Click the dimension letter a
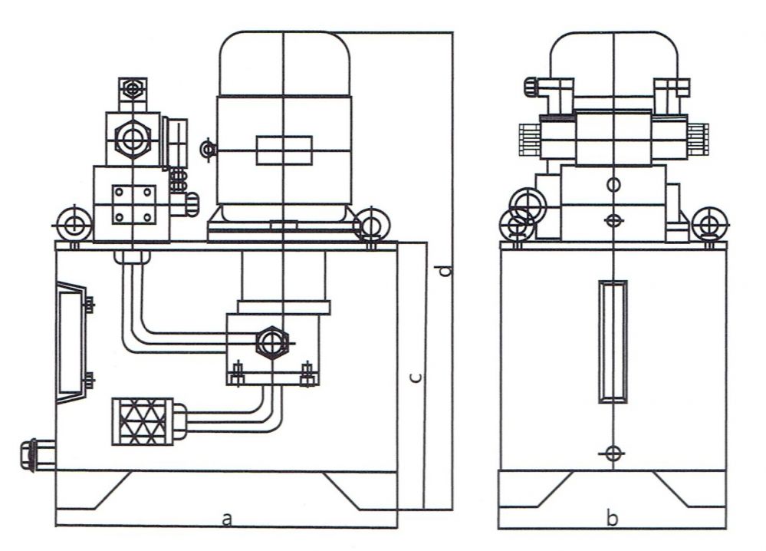pyautogui.click(x=226, y=519)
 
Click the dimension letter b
pyautogui.click(x=612, y=519)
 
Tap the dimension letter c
pyautogui.click(x=415, y=378)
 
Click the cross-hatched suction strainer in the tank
pyautogui.click(x=143, y=421)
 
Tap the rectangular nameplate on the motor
pyautogui.click(x=284, y=150)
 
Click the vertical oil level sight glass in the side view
pyautogui.click(x=613, y=341)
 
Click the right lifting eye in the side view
pyautogui.click(x=709, y=224)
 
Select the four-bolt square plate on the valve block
pyautogui.click(x=134, y=204)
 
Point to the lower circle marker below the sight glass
pyautogui.click(x=612, y=453)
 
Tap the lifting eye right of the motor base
pyautogui.click(x=373, y=224)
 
